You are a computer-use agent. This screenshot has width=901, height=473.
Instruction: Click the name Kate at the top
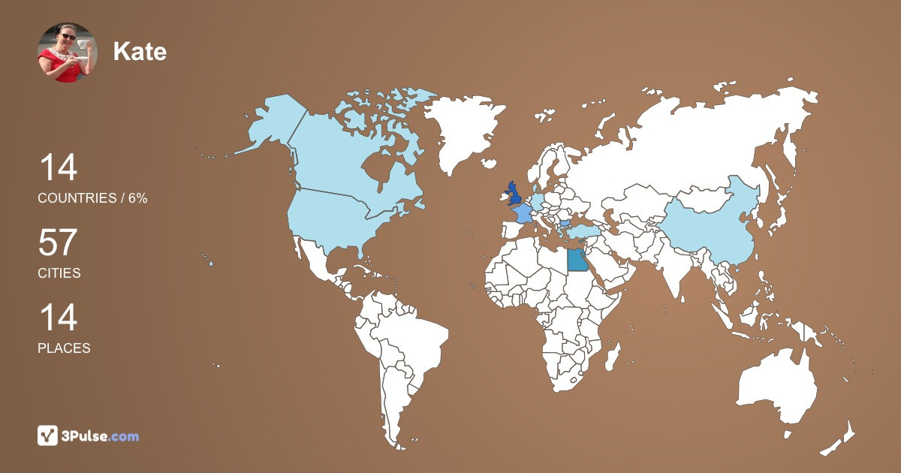pos(140,51)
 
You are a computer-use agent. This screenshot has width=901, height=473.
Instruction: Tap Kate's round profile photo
pos(68,53)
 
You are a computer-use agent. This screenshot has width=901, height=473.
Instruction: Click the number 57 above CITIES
pos(58,243)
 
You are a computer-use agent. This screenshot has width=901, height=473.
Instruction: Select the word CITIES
pos(59,273)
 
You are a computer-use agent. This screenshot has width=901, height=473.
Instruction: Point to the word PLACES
pos(64,348)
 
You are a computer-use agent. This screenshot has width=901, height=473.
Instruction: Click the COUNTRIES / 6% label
pos(92,198)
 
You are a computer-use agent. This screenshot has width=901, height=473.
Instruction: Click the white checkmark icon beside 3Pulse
pos(48,435)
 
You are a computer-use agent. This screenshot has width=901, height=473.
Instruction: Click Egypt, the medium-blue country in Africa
pos(577,260)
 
